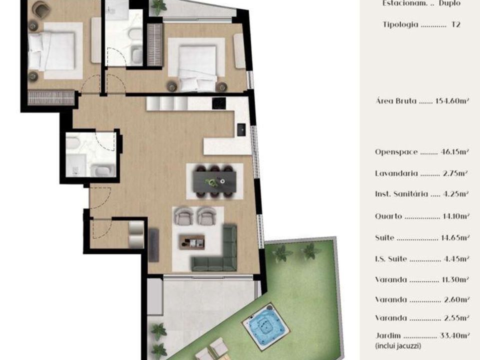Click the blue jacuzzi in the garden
coord(265,326)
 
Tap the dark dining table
coord(214,181)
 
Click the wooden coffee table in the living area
coord(192,242)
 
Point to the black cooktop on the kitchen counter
coord(219,103)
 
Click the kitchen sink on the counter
coord(241,129)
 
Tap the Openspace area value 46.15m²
coord(455,152)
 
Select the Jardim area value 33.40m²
coord(454,335)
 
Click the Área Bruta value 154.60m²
coord(452,100)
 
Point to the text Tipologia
coord(400,24)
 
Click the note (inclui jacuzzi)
coord(398,346)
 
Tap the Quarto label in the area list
coord(388,216)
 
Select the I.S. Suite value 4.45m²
coord(456,259)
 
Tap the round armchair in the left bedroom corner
coord(42,8)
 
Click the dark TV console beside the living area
coord(153,245)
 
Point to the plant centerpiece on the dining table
coord(211,182)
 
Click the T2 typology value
coord(456,24)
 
